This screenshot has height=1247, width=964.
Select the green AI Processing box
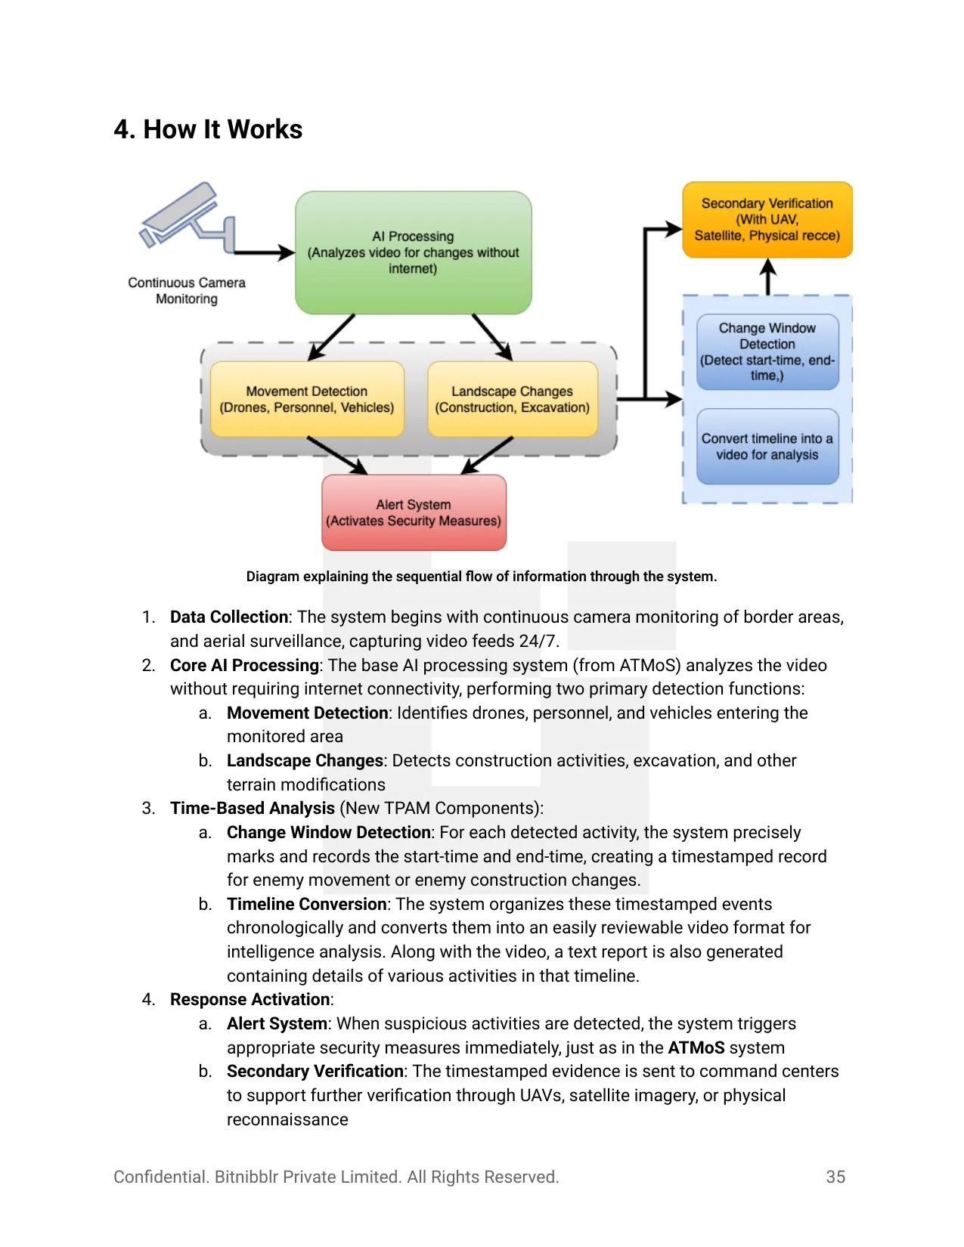413,252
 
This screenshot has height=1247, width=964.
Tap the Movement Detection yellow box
307,399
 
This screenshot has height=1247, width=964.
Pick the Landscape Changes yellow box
512,399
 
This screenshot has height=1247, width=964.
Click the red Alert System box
414,512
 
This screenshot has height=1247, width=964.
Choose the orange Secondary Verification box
767,219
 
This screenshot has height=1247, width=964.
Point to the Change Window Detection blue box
767,351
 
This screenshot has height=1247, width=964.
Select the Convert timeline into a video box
767,446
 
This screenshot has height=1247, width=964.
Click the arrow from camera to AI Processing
265,252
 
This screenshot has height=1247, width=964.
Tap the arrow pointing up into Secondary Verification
767,276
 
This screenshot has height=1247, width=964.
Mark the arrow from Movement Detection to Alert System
336,456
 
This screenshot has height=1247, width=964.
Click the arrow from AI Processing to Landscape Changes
492,337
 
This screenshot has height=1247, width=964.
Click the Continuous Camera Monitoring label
187,290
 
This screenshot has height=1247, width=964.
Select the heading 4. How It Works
208,129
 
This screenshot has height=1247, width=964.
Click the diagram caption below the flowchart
482,577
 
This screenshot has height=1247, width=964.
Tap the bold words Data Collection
228,617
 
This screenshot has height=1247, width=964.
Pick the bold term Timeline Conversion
306,905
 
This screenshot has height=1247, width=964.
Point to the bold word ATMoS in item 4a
696,1048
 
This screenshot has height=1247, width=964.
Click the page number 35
835,1177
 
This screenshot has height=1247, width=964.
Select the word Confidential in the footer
160,1177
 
